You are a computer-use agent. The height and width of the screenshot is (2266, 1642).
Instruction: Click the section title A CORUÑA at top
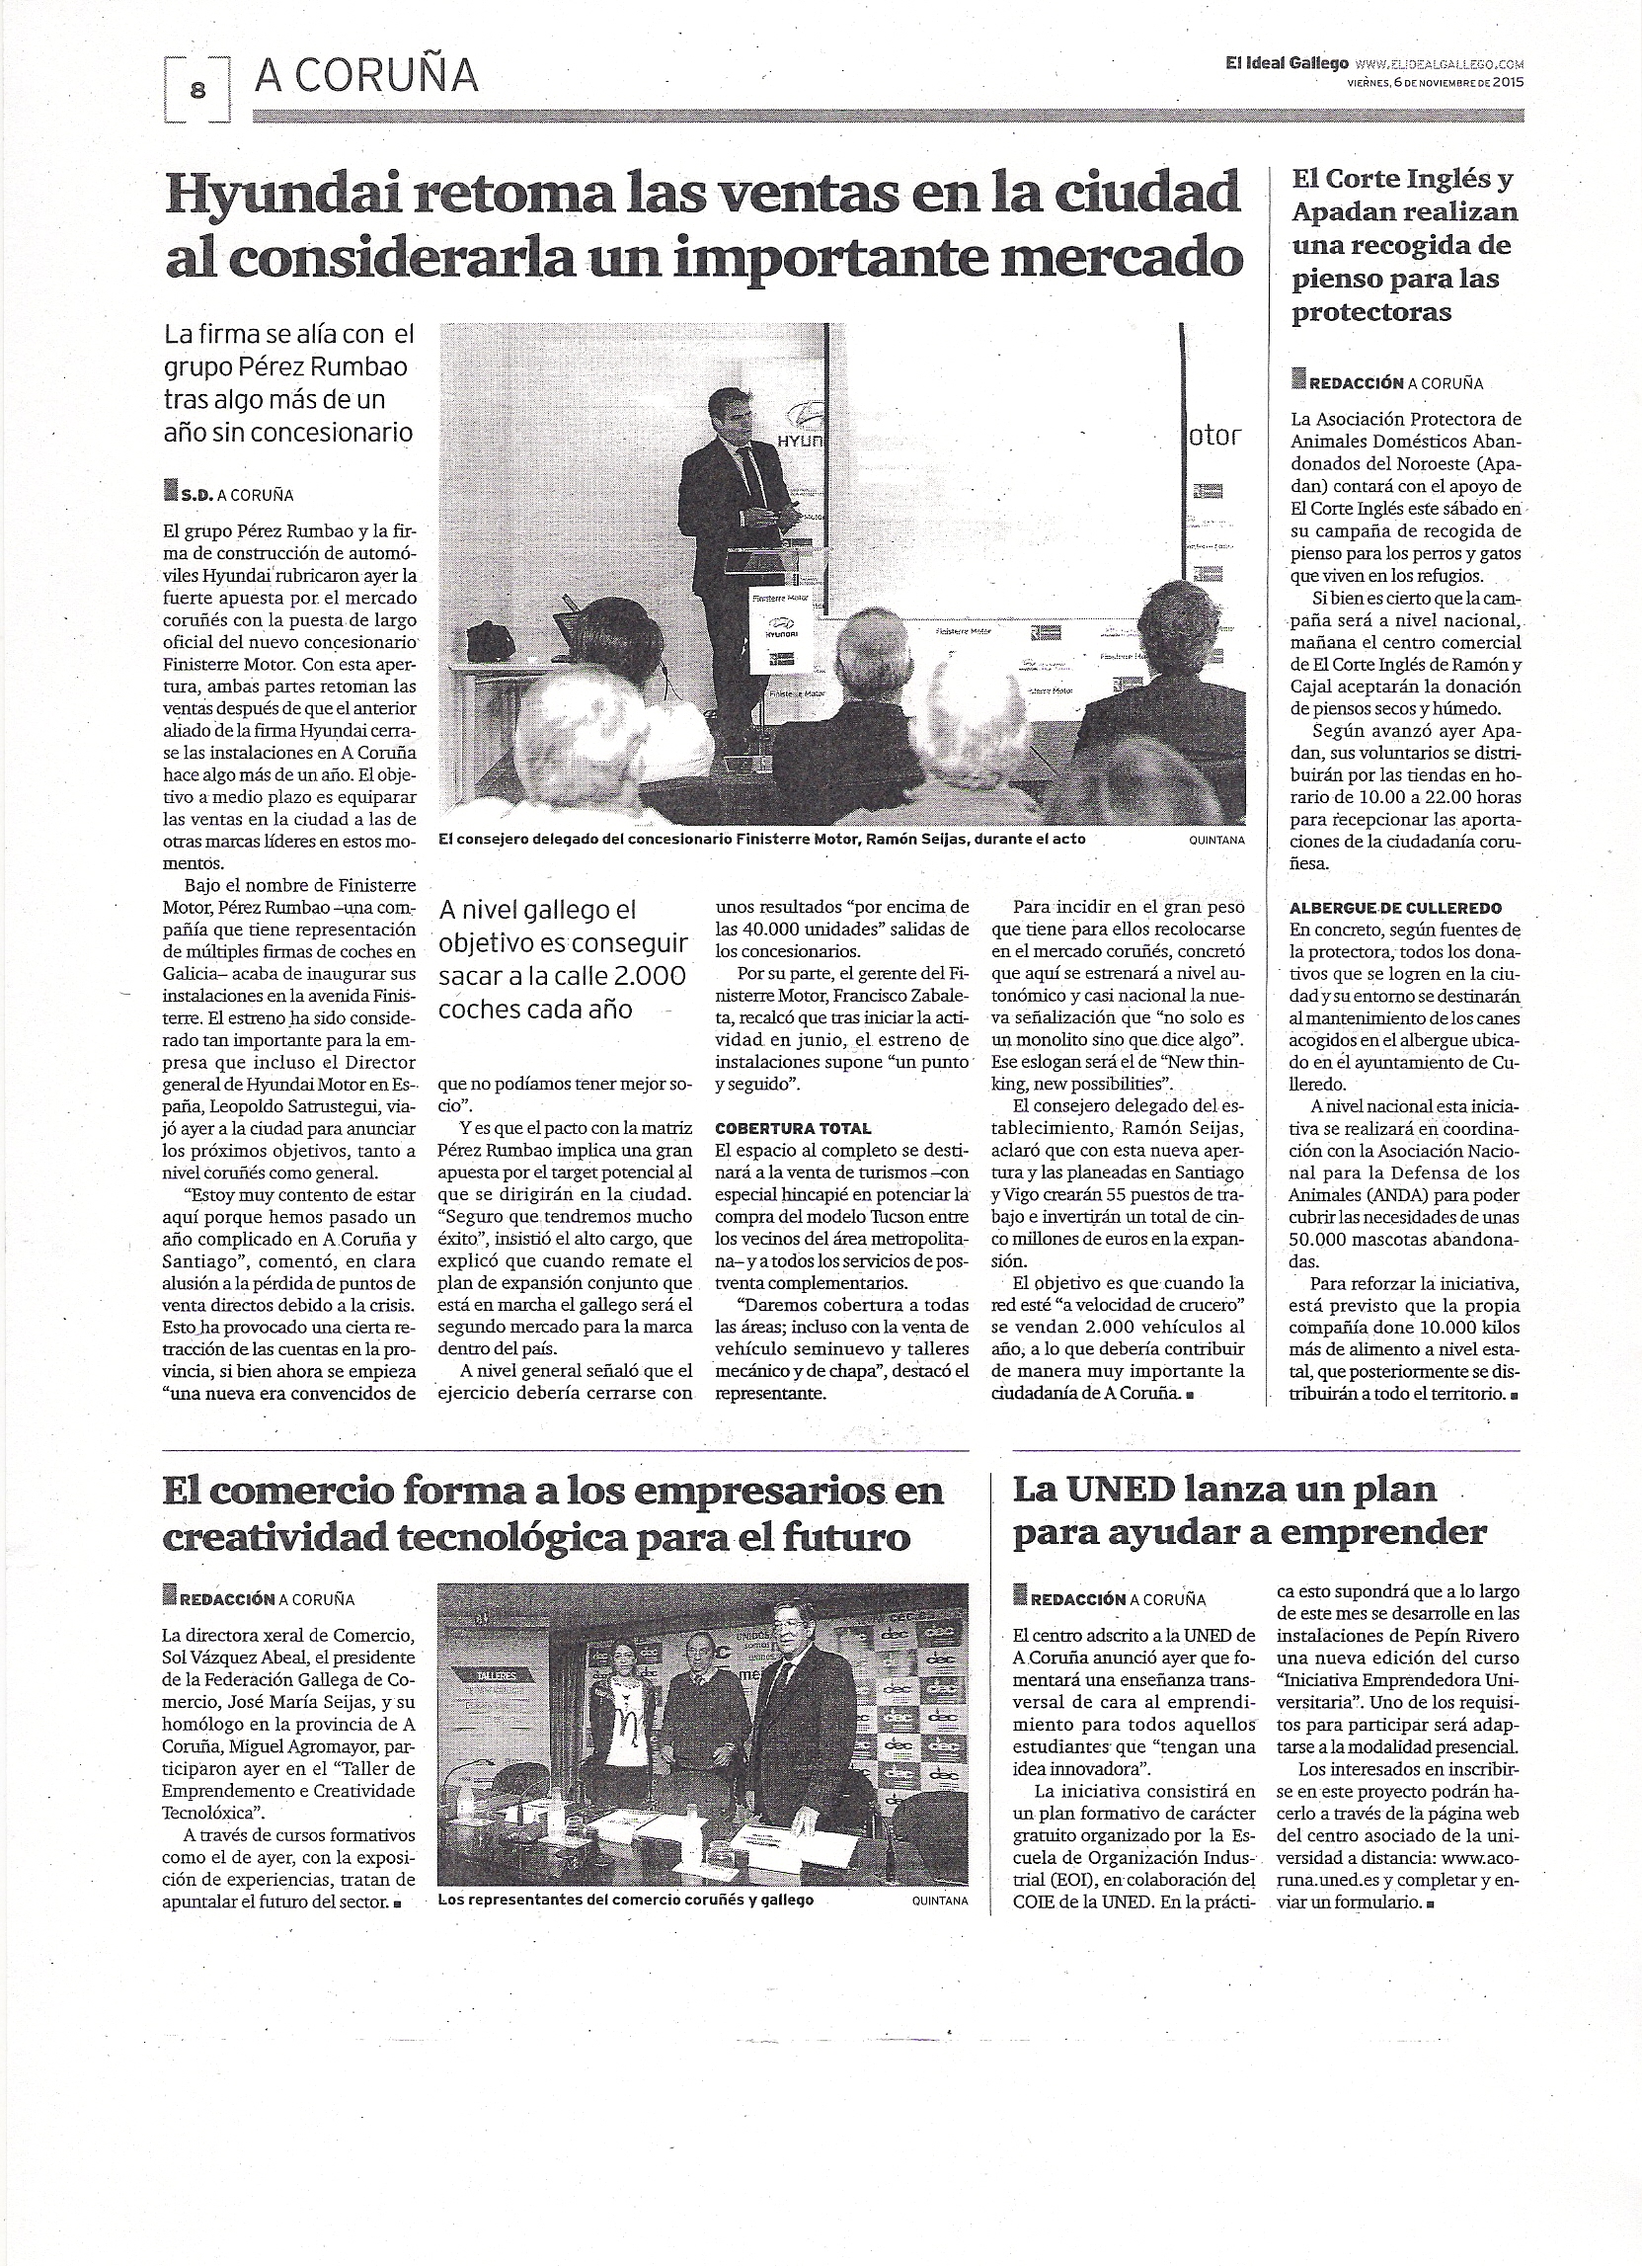366,76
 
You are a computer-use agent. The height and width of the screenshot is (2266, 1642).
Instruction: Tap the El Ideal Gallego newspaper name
1288,63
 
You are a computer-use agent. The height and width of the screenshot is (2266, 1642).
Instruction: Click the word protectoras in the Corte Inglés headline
1371,313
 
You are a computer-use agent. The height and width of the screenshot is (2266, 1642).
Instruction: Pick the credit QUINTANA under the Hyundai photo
1216,841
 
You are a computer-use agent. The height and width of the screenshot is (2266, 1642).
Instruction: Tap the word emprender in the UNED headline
1376,1533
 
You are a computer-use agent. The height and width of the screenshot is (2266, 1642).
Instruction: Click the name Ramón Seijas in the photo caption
923,840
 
